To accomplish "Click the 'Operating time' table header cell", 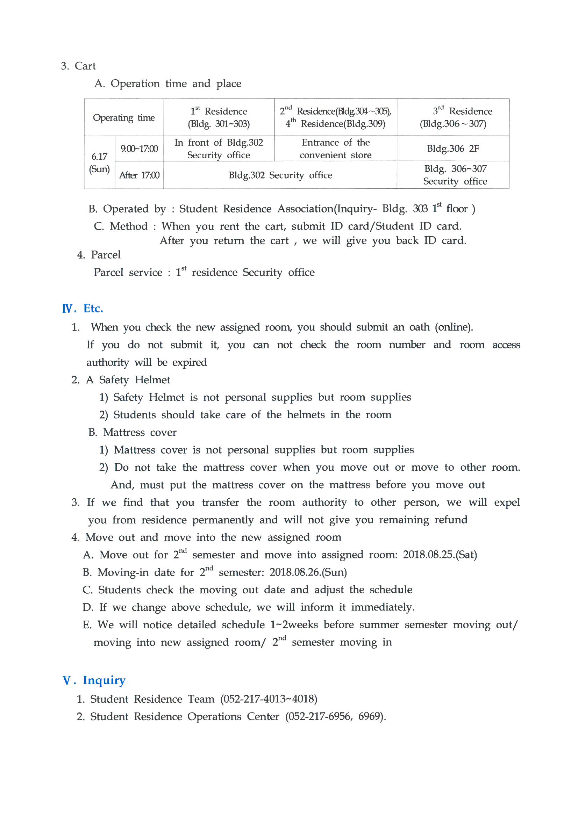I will tap(123, 117).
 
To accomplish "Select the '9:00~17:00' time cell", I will tap(139, 149).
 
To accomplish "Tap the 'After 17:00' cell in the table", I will tap(139, 175).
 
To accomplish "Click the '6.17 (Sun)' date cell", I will tap(99, 162).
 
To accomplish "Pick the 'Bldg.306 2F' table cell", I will tap(452, 149).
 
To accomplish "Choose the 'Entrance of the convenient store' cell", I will tap(335, 149).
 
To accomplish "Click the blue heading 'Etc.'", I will tap(93, 309).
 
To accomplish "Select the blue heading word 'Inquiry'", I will tap(104, 680).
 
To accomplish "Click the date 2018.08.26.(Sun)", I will tap(308, 572).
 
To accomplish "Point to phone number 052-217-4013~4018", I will tap(269, 699).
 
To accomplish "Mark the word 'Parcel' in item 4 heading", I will tap(106, 255).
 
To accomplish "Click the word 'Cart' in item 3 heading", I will tap(85, 66).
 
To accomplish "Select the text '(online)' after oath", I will tap(454, 327).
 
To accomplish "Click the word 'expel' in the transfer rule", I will tap(507, 502).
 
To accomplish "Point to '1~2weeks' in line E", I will tap(294, 624).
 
